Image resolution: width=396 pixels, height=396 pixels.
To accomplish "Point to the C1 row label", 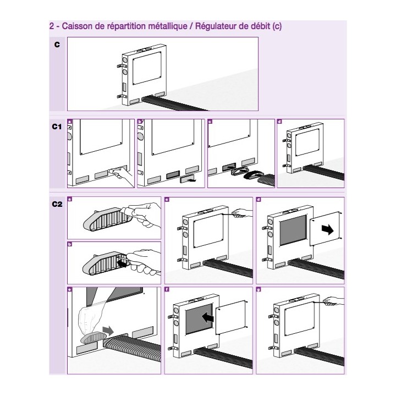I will tap(57, 126).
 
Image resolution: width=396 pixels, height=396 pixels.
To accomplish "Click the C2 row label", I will tap(57, 205).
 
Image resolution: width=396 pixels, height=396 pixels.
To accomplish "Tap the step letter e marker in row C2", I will tap(69, 289).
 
